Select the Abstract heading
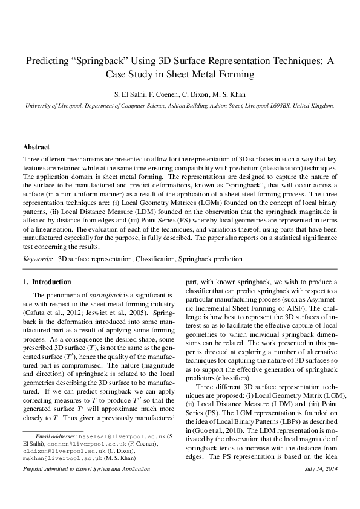(36, 147)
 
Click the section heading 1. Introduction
(47, 282)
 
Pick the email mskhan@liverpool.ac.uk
(55, 475)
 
